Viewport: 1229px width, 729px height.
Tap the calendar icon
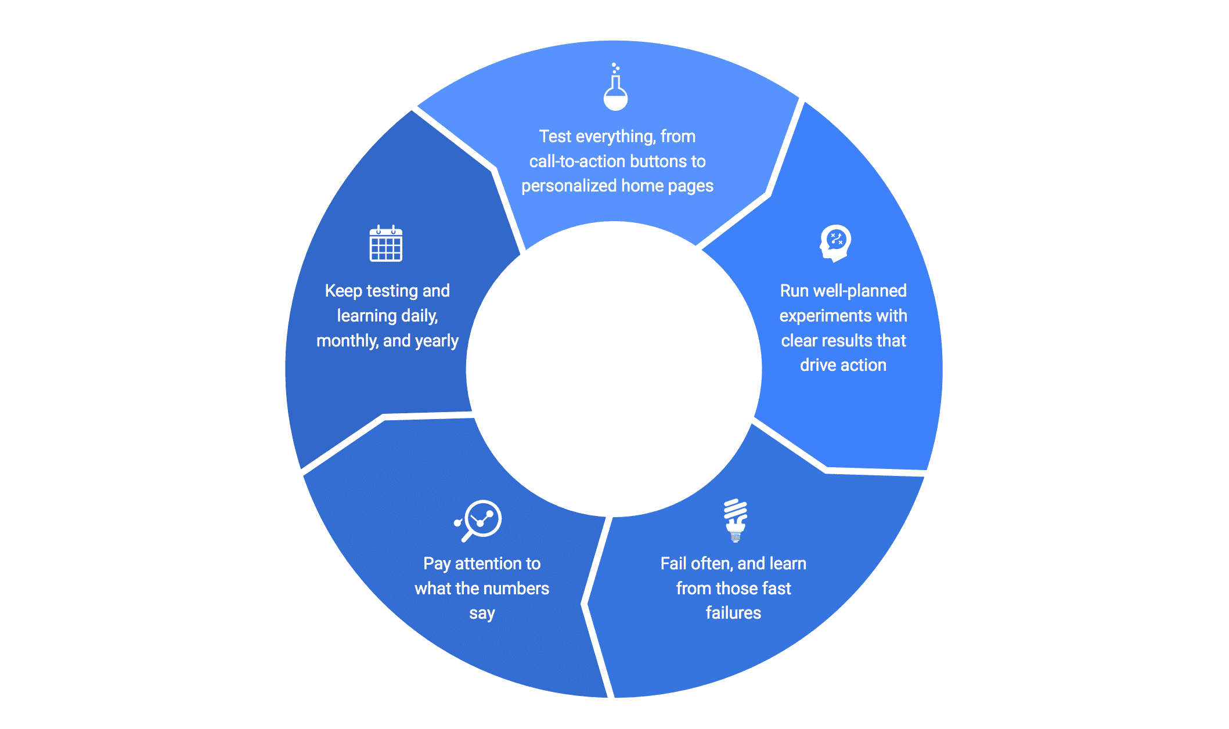(x=386, y=244)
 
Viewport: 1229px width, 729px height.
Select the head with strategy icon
(x=835, y=243)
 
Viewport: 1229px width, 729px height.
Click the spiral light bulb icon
(x=736, y=520)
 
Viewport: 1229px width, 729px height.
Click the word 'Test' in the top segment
(x=555, y=136)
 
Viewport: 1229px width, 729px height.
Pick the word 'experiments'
(x=819, y=316)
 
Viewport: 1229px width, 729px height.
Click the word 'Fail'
(x=673, y=564)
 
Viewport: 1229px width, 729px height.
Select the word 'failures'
(x=733, y=613)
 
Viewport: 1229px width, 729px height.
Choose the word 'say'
(x=482, y=614)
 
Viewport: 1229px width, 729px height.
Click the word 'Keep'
(x=343, y=291)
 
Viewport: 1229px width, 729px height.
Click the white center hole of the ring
(x=614, y=369)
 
